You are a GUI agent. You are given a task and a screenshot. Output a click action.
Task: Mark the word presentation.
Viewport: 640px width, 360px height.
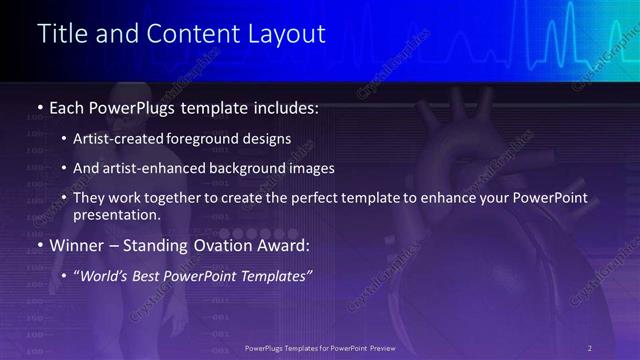tap(117, 215)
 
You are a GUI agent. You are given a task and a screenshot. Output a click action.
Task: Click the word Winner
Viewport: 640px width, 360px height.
tap(79, 245)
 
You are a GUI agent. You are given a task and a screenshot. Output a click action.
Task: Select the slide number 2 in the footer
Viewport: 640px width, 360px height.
tap(590, 347)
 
